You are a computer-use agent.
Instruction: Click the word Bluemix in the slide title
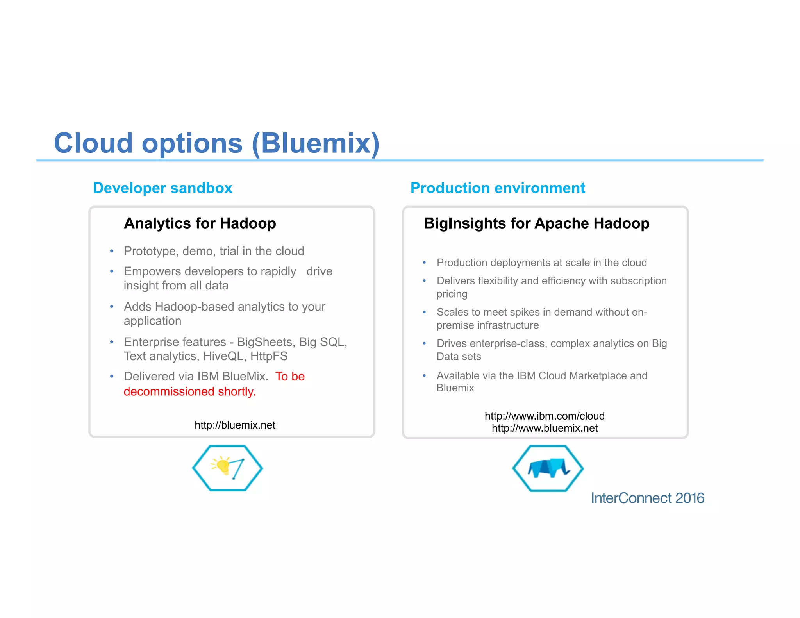tap(316, 143)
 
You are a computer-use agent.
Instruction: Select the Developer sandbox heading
tap(162, 188)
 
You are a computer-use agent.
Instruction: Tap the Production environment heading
tap(497, 188)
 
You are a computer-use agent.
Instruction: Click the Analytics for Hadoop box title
tap(200, 223)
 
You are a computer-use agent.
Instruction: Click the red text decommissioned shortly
tap(189, 391)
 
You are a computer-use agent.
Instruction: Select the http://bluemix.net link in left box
tap(235, 425)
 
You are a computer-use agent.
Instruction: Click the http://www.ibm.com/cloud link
tap(545, 416)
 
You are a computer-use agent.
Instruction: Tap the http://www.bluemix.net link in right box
tap(545, 428)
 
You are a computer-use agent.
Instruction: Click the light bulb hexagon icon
tap(227, 468)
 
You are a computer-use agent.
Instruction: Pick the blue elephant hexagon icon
tap(548, 468)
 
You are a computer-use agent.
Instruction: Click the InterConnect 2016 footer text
tap(647, 498)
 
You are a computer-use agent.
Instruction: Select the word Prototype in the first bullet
tap(150, 251)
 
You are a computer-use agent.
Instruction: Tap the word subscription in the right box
tap(638, 281)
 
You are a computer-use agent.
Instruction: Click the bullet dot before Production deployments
tap(424, 263)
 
